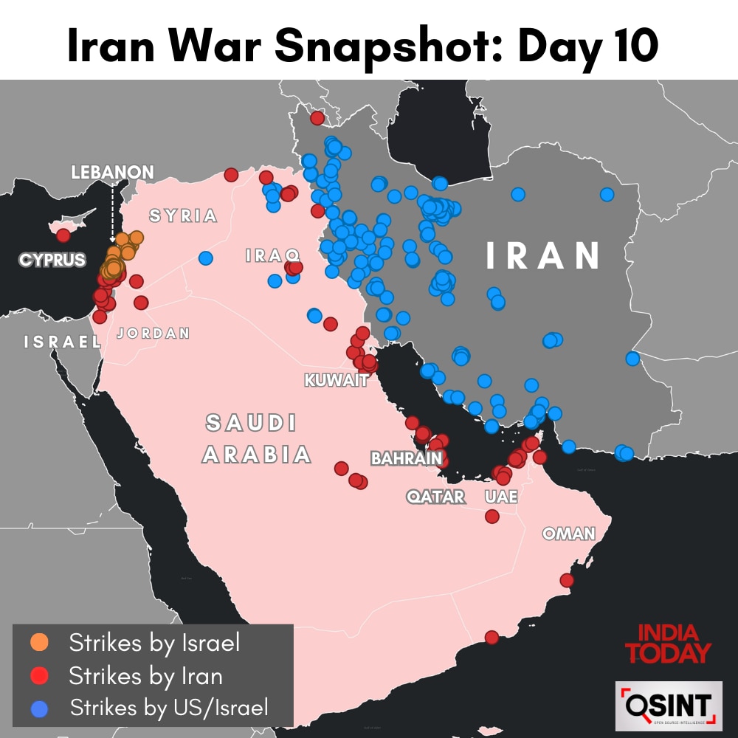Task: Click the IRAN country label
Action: point(543,255)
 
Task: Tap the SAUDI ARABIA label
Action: point(255,439)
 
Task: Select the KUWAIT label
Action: point(336,381)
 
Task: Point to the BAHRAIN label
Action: point(407,459)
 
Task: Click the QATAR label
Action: point(436,497)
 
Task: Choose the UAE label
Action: point(501,497)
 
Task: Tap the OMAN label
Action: point(568,534)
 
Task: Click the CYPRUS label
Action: point(52,261)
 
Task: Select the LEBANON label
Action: point(112,173)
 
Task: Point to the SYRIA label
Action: point(183,216)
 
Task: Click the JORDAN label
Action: point(154,334)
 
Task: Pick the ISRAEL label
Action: point(62,342)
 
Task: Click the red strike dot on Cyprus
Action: point(63,235)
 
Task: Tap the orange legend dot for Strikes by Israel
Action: point(40,642)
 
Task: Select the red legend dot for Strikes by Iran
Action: point(40,675)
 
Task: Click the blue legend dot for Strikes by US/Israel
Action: point(40,708)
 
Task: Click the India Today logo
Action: point(668,643)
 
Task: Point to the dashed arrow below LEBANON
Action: point(112,210)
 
